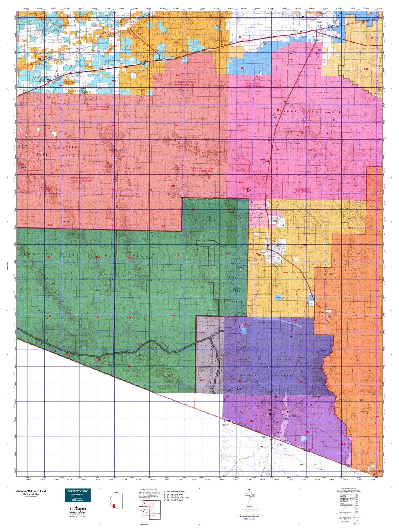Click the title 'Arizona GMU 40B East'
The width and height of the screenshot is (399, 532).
(31, 491)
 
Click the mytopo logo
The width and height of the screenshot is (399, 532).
(77, 509)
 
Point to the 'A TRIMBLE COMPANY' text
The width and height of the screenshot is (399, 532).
(77, 513)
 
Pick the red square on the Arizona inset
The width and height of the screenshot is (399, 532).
(114, 506)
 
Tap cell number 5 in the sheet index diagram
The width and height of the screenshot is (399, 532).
(155, 516)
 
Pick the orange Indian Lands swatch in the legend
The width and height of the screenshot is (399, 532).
(357, 512)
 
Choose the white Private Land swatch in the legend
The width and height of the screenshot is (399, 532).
(357, 510)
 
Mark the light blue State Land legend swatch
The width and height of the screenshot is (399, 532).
(357, 504)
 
